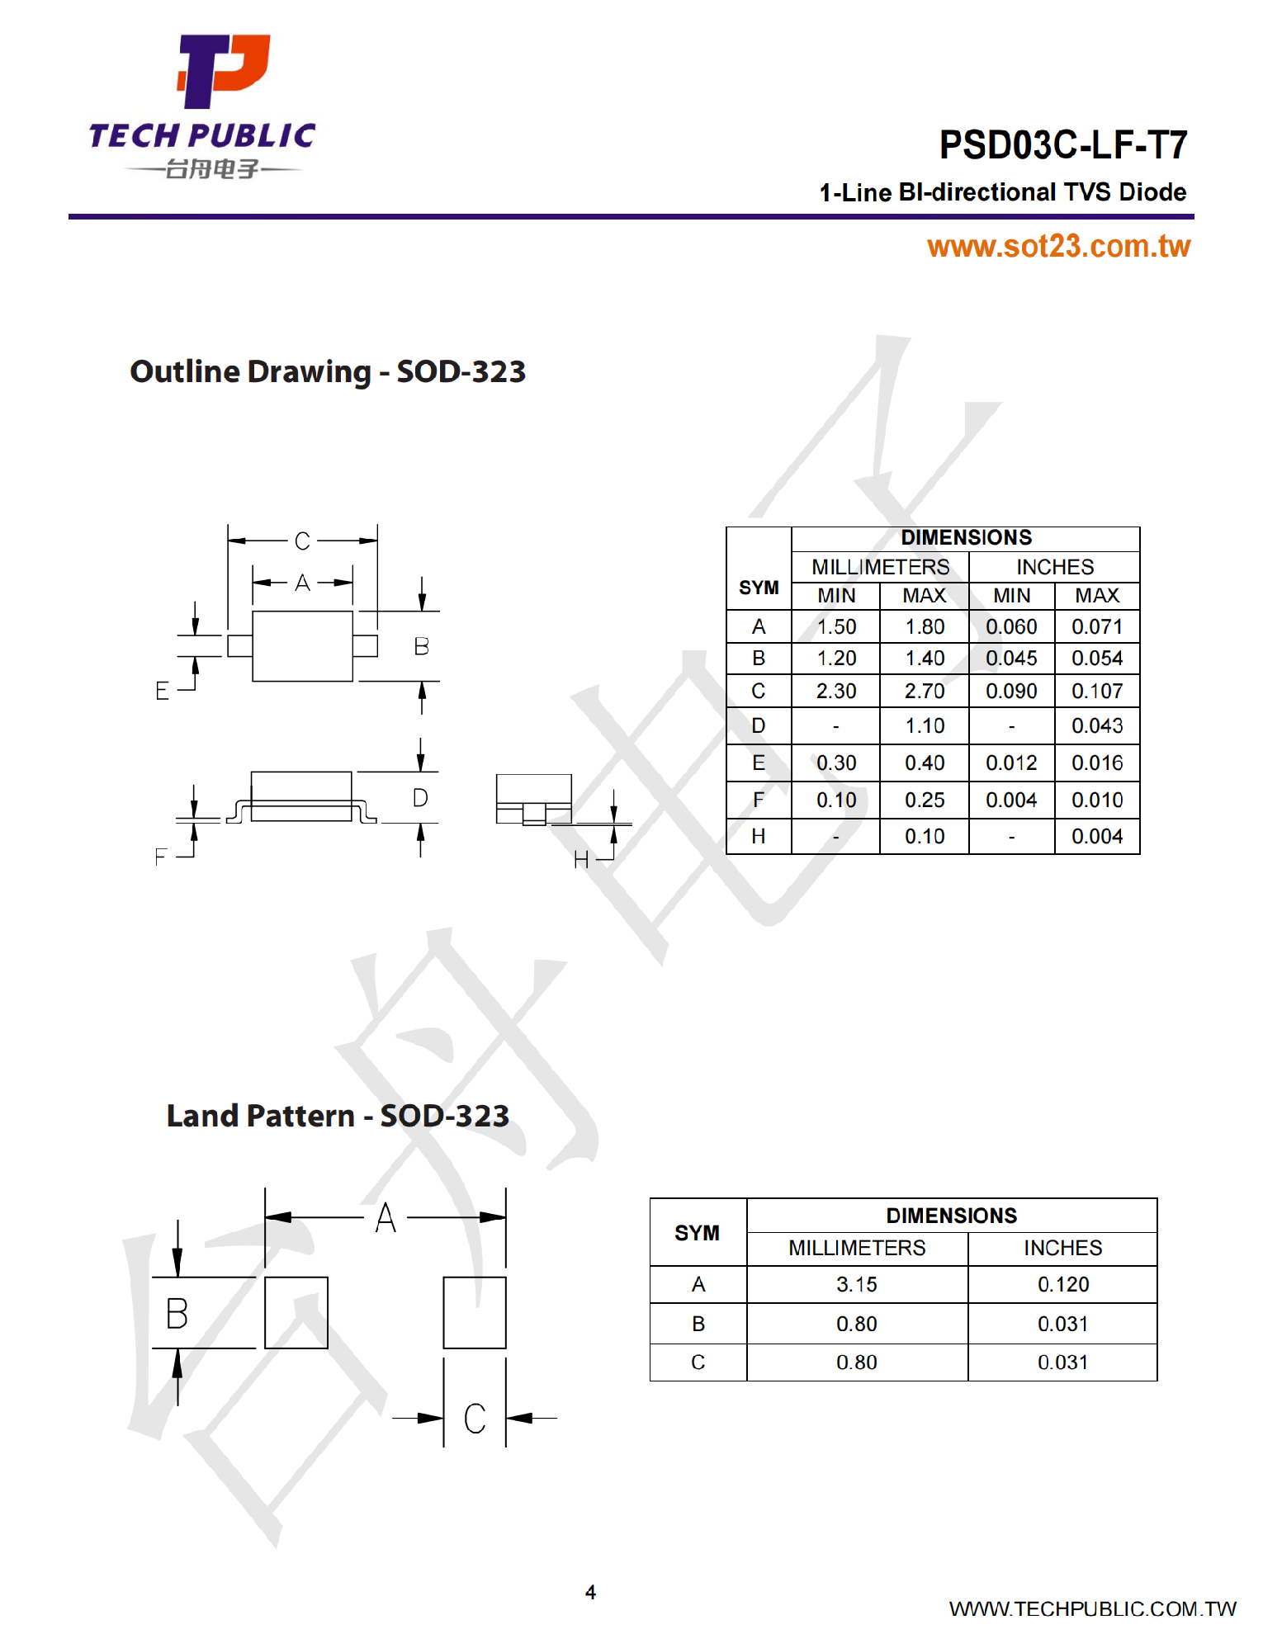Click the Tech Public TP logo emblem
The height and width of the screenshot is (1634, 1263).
point(223,71)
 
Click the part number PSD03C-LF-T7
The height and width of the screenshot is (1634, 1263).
point(1062,145)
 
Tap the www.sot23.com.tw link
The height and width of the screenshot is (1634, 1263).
point(1058,246)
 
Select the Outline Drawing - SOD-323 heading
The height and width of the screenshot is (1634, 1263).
point(328,371)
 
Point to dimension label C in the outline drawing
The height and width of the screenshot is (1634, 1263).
point(302,541)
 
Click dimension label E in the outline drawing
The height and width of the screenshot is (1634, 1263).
point(163,691)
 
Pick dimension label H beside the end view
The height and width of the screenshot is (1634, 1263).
point(581,860)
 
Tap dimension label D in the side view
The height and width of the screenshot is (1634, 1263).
point(420,798)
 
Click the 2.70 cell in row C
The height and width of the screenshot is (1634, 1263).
point(925,691)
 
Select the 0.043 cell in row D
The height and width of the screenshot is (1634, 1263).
point(1097,725)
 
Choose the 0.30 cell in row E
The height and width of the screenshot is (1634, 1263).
point(836,763)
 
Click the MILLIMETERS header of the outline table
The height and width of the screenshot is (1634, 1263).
point(880,567)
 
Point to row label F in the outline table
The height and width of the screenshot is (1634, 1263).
point(759,800)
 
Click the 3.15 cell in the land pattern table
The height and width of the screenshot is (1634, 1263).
point(856,1284)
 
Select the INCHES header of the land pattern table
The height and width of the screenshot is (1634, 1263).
point(1062,1248)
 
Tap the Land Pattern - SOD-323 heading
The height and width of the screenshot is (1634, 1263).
point(338,1116)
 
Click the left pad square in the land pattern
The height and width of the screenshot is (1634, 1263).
point(296,1312)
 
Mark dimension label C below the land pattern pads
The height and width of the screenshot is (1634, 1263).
point(475,1419)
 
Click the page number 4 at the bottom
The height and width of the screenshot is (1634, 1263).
point(590,1592)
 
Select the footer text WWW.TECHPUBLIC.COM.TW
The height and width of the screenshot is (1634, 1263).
point(1092,1608)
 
